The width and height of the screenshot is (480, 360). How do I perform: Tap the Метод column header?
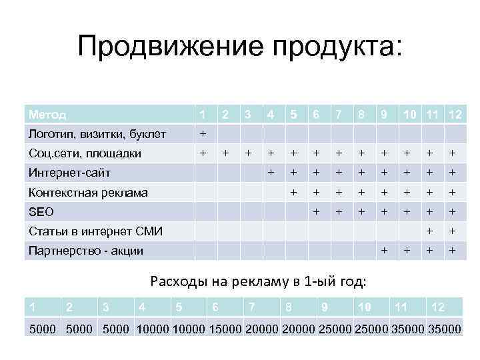click(47, 114)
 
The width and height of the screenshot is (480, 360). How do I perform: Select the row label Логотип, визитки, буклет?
click(97, 134)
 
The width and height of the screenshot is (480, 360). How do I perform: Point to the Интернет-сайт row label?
click(69, 173)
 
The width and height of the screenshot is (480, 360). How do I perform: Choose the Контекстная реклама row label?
click(88, 193)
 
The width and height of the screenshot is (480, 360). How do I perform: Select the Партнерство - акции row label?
click(85, 251)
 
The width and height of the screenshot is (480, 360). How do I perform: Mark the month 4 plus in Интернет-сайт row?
click(271, 173)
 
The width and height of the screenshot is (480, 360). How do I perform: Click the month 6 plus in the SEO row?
click(316, 212)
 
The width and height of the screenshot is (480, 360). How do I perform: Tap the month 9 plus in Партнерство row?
click(383, 251)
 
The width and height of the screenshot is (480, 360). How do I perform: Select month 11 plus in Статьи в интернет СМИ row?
click(431, 231)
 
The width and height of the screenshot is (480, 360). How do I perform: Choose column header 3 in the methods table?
click(248, 114)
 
